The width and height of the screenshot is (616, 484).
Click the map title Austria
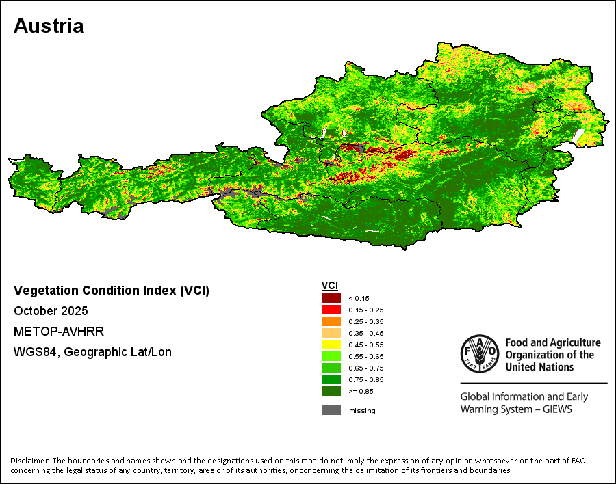pos(49,26)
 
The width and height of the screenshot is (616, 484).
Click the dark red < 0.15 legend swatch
pos(331,298)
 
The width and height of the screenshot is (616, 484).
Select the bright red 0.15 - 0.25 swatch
pos(331,310)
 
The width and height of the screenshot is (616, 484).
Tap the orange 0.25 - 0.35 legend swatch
pos(331,321)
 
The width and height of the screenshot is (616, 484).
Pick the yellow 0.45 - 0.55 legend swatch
pos(331,345)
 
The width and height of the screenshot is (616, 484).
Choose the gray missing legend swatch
pos(331,410)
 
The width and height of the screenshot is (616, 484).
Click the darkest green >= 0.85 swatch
pos(331,391)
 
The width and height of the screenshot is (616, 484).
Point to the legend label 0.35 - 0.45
pos(365,334)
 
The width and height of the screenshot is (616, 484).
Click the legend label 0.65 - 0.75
pos(365,368)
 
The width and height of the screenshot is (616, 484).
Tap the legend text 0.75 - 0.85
pos(365,380)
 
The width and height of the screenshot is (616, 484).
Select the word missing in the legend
pos(362,411)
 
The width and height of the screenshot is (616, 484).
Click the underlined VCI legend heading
pos(330,286)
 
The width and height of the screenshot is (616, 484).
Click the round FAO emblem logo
pos(480,353)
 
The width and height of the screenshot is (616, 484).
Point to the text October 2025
pos(51,311)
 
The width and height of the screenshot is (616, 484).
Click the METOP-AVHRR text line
pos(59,332)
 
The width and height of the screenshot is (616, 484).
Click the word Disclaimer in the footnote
pos(30,461)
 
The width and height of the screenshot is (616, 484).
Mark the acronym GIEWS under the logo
pos(557,409)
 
